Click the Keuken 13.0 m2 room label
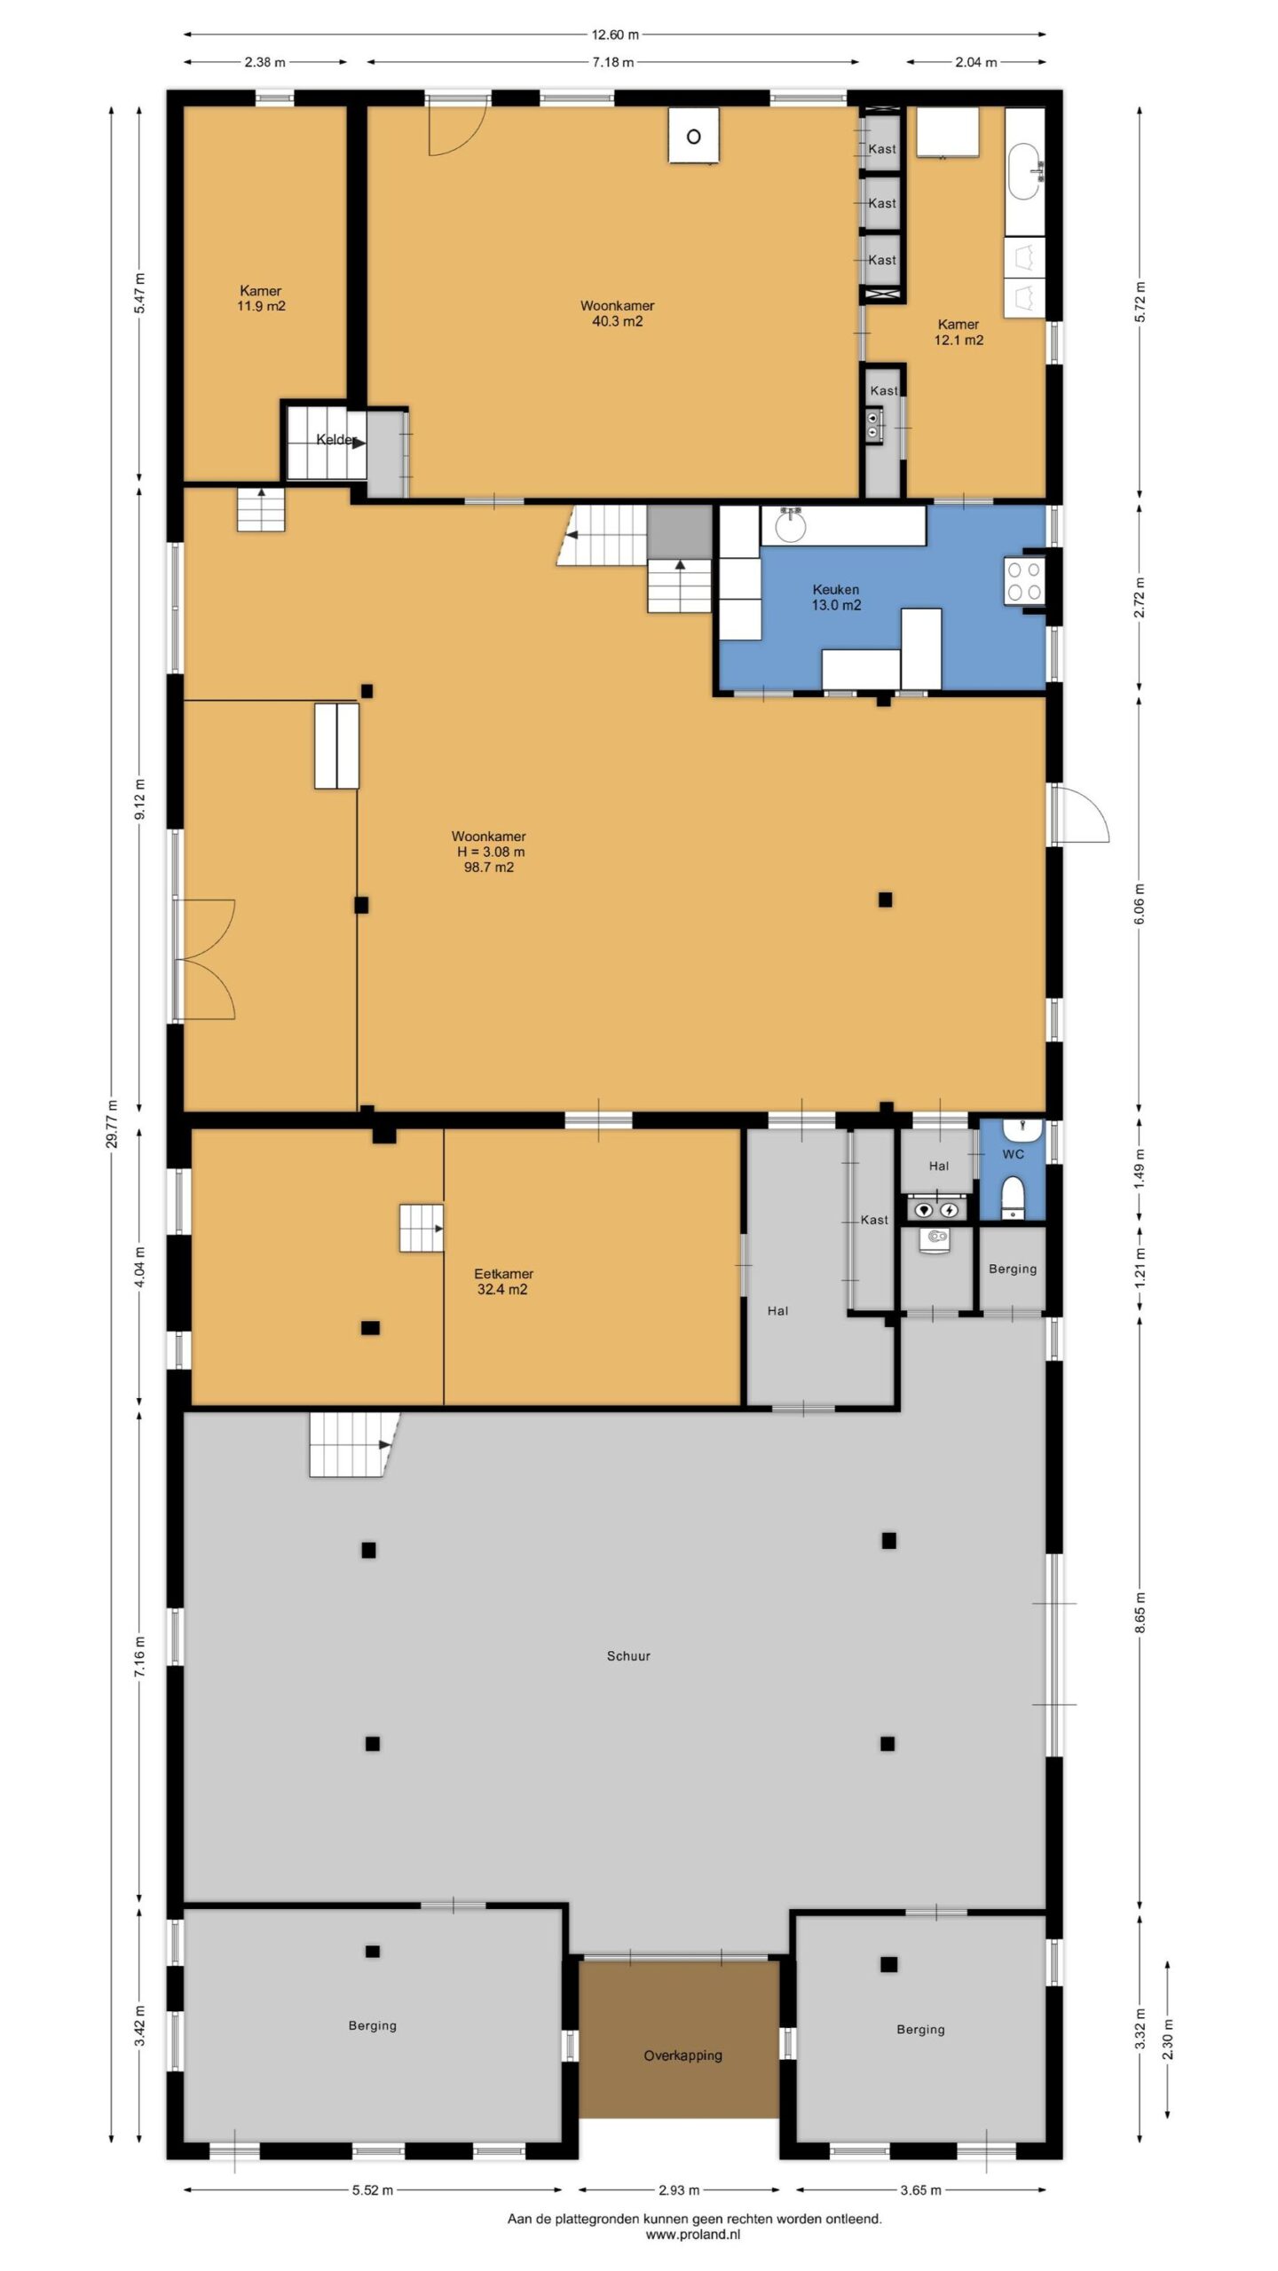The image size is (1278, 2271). pos(836,597)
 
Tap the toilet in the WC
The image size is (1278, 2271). pos(1014,1198)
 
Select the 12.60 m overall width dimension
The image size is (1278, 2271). pos(615,35)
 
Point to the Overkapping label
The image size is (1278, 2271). pos(682,2055)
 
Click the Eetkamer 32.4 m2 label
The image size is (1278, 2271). pos(503,1281)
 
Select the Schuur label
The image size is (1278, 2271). pos(628,1655)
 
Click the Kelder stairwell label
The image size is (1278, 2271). pos(336,440)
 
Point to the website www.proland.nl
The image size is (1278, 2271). pos(693,2236)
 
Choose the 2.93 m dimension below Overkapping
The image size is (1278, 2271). pos(679,2190)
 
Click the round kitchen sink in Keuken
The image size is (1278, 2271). pos(790,525)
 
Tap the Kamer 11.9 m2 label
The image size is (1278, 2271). pos(261,298)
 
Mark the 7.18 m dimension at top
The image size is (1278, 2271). pos(613,62)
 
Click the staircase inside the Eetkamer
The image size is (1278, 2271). pos(421,1228)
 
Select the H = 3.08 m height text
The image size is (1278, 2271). pos(491,852)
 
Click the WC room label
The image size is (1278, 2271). pos(1013,1154)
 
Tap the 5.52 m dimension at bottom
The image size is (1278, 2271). pos(373,2190)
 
